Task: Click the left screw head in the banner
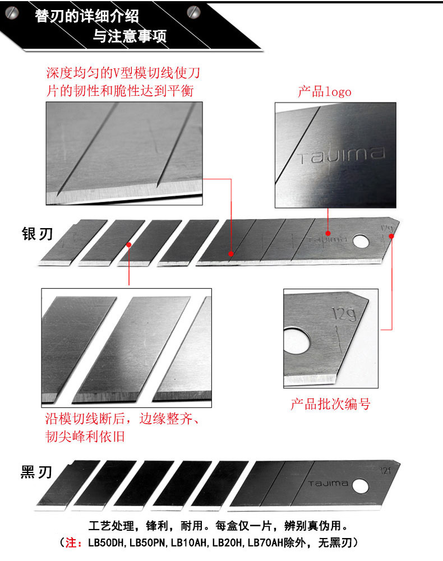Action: (12, 13)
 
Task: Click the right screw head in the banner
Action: (194, 12)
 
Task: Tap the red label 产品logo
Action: (325, 91)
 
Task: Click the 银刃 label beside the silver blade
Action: (37, 234)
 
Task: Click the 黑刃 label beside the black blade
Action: (36, 472)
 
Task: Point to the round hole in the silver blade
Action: (361, 242)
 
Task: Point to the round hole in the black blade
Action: (360, 486)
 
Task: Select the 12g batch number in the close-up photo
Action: (344, 314)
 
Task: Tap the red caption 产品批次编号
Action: (330, 404)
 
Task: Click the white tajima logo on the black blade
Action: (329, 484)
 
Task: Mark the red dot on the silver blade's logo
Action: (328, 233)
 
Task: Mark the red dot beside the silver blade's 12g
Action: (391, 236)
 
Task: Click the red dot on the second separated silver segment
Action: (128, 245)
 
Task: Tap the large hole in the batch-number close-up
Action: (297, 340)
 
